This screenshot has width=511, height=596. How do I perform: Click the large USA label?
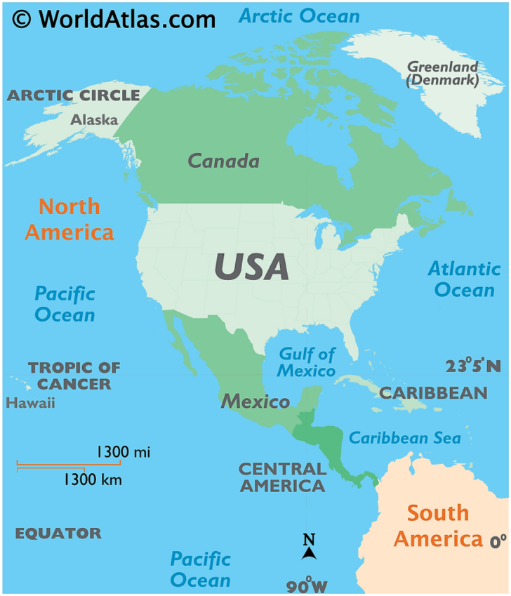point(251,267)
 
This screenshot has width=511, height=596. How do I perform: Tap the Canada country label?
point(223,161)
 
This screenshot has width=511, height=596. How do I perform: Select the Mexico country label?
point(255,402)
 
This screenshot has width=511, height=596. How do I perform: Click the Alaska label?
point(93,119)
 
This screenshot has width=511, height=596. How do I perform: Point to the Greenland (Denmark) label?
point(442,74)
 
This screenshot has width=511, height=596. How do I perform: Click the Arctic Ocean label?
point(299,15)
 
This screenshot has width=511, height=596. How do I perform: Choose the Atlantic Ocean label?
point(464,279)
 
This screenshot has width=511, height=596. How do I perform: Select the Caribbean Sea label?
point(405,438)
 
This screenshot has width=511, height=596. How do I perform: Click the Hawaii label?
point(30,403)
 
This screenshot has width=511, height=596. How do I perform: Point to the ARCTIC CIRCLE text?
point(74,95)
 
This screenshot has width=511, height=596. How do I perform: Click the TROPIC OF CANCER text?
point(74,376)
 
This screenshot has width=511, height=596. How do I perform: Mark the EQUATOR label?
point(58,534)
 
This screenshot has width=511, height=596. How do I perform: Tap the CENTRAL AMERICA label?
point(282,477)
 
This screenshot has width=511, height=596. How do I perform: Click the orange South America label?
point(437,526)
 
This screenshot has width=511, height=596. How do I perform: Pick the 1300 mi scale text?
point(124,451)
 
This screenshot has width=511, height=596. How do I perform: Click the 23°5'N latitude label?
point(473,366)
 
